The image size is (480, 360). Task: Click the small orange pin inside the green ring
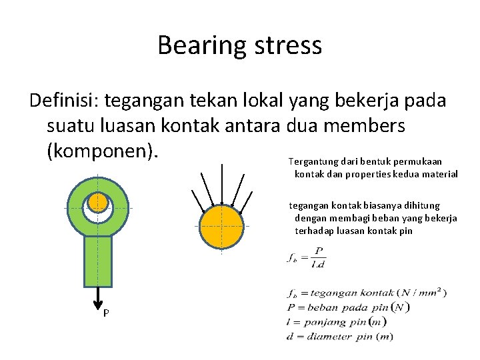[x=98, y=201]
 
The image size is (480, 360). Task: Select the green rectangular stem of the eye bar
[x=98, y=261]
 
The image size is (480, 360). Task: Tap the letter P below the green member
[x=106, y=313]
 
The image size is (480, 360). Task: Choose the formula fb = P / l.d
[x=308, y=257]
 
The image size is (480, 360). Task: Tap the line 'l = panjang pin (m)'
[x=337, y=321]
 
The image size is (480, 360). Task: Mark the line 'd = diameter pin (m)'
[x=340, y=336]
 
